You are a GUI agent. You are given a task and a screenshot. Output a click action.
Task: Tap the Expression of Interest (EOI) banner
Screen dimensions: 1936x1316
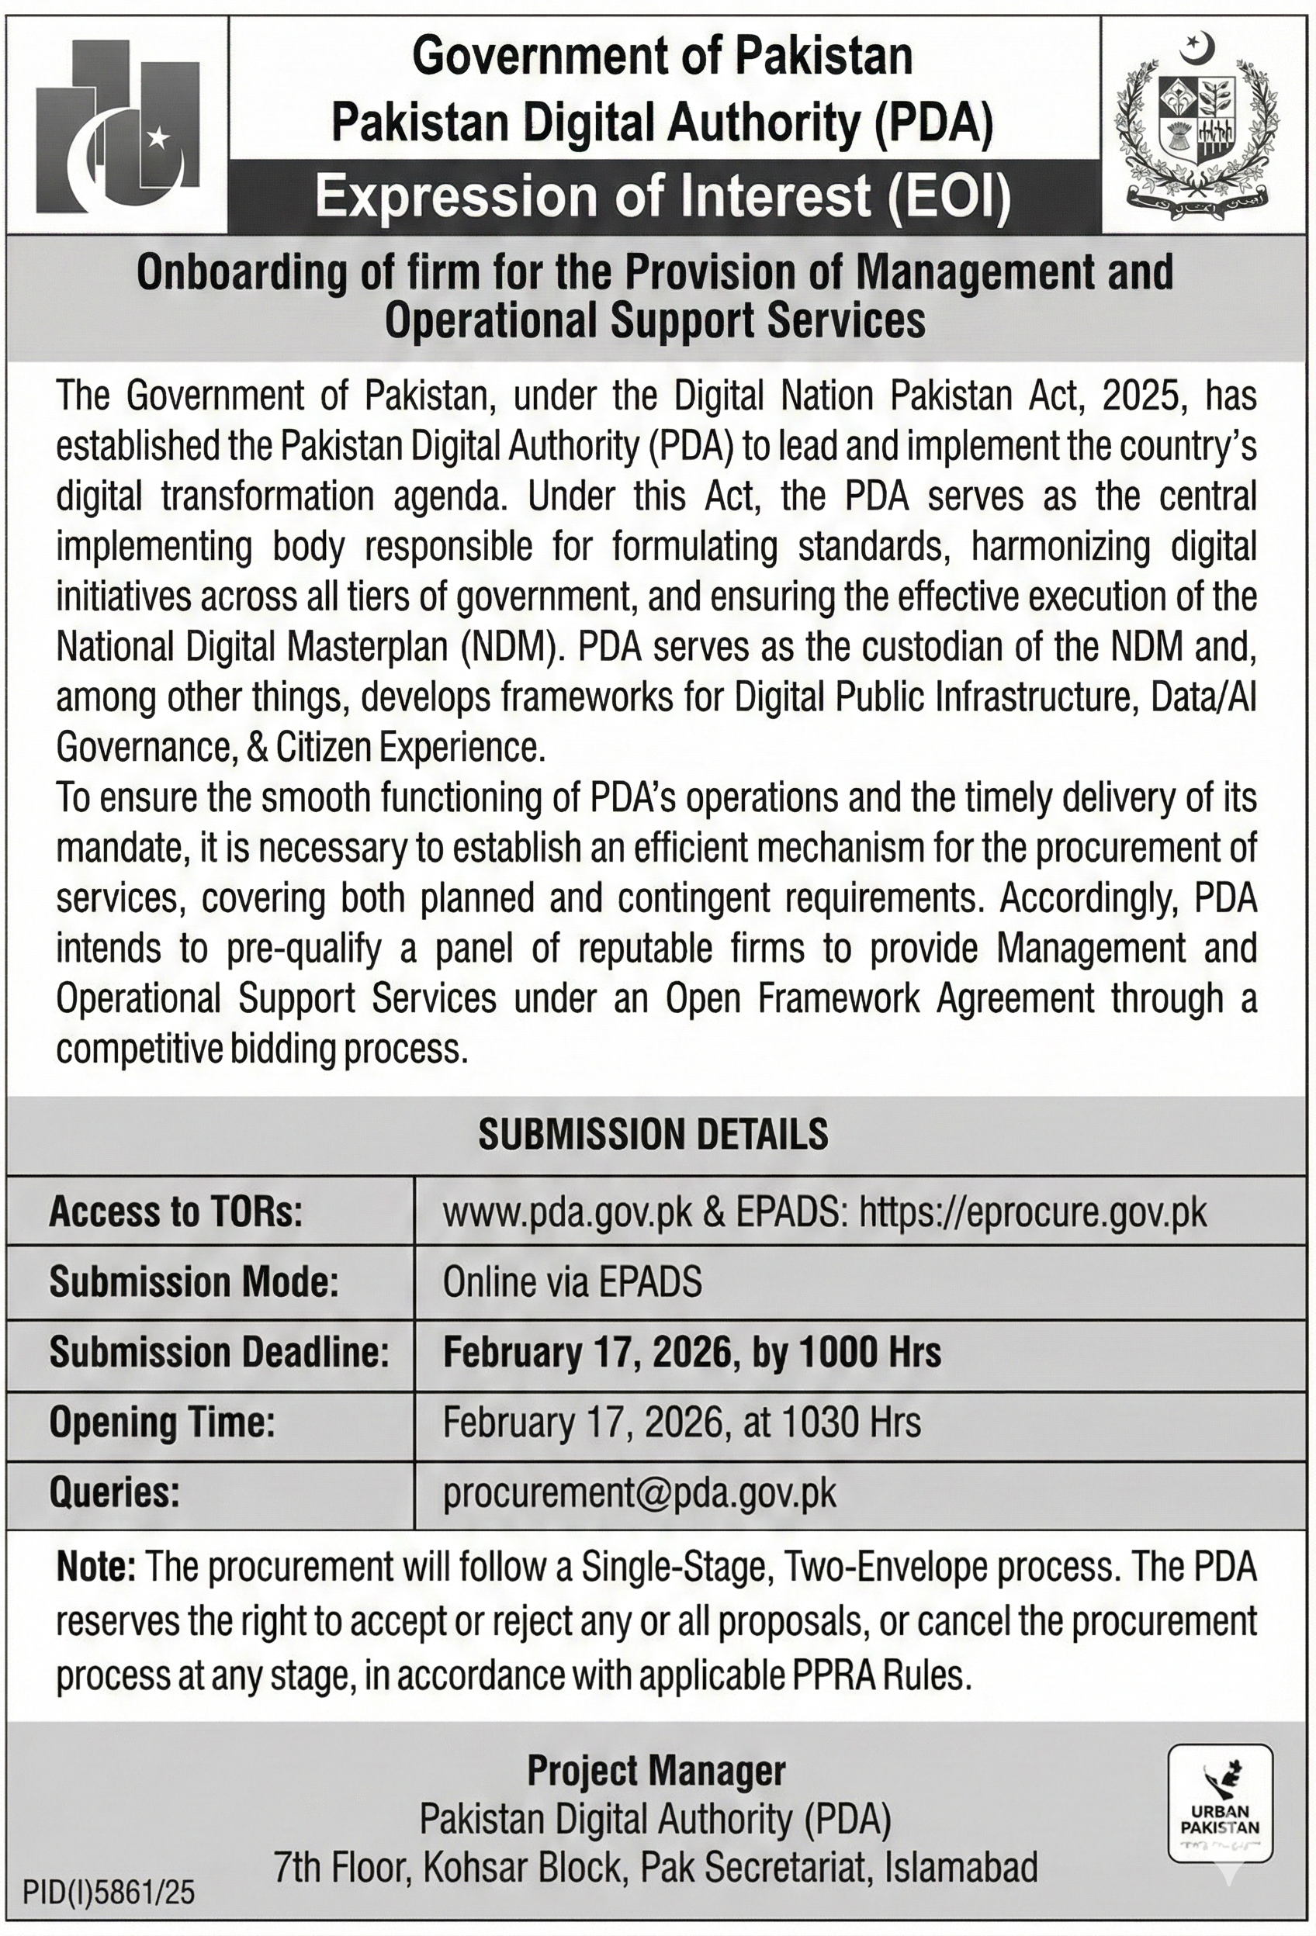point(663,199)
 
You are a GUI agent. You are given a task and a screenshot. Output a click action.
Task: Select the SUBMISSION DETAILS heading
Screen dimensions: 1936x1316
point(653,1135)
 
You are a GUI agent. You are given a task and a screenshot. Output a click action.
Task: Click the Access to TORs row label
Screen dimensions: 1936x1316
point(176,1212)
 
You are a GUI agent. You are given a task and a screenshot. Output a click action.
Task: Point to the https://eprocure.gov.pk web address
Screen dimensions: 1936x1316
point(1033,1213)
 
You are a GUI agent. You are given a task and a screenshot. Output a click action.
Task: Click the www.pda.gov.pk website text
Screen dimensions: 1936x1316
point(567,1213)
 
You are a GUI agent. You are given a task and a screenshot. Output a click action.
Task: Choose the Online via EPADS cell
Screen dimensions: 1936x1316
point(572,1282)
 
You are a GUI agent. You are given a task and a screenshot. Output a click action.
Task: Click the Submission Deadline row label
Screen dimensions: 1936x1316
point(219,1352)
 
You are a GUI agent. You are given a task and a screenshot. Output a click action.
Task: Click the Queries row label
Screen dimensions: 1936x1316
point(115,1492)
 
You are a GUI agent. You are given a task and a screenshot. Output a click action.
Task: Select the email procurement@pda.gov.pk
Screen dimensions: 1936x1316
point(639,1492)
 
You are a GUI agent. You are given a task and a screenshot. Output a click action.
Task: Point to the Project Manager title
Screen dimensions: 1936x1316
point(656,1771)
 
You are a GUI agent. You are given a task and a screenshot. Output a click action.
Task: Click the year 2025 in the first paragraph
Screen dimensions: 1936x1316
point(1137,396)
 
